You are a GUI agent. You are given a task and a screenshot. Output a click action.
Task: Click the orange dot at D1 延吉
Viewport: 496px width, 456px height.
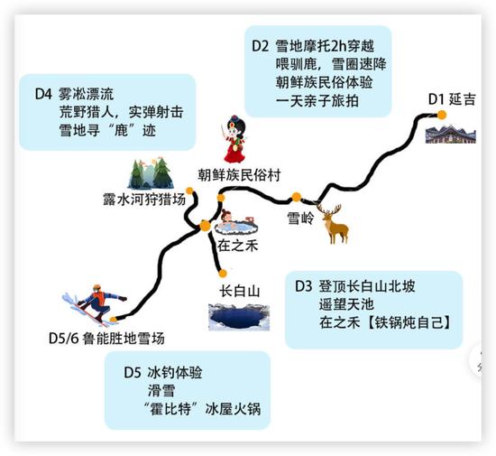pos(442,115)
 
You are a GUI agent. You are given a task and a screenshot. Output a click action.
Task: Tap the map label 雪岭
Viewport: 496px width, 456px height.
pos(300,219)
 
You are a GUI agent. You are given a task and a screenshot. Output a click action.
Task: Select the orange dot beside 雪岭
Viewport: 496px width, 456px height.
pos(296,197)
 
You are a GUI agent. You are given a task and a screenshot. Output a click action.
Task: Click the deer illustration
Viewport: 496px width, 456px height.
pos(333,224)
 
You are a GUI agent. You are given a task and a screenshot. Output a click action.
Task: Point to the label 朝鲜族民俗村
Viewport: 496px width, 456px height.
pos(239,175)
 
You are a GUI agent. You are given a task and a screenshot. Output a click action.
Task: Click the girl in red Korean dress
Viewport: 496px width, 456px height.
pos(234,139)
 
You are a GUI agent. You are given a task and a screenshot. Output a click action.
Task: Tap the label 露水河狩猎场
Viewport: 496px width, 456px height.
pos(144,200)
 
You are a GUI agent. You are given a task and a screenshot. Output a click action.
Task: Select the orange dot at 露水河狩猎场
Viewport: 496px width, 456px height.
pos(189,191)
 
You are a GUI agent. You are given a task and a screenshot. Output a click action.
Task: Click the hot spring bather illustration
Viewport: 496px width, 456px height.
pos(236,223)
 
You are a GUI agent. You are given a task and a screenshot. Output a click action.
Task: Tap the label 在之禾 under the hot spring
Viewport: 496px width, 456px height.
pos(237,246)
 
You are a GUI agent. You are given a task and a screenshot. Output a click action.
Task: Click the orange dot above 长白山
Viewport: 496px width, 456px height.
pos(223,274)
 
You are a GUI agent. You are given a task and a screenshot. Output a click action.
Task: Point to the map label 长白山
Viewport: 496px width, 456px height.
pos(240,291)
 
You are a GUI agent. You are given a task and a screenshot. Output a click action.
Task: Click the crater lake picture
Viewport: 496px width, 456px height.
pos(239,317)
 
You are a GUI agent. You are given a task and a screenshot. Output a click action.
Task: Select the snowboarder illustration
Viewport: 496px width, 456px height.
pos(95,304)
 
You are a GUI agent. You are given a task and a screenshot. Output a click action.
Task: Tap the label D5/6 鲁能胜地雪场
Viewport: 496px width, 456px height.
pos(106,339)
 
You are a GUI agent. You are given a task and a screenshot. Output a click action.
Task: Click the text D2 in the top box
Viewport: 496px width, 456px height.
pos(260,46)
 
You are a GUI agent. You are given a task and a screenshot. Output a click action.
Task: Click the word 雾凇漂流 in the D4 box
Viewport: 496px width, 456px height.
pos(86,95)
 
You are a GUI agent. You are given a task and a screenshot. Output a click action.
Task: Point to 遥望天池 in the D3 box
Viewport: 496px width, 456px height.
pos(346,304)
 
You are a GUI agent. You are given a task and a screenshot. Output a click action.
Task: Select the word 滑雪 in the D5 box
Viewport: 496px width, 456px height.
pos(161,390)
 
